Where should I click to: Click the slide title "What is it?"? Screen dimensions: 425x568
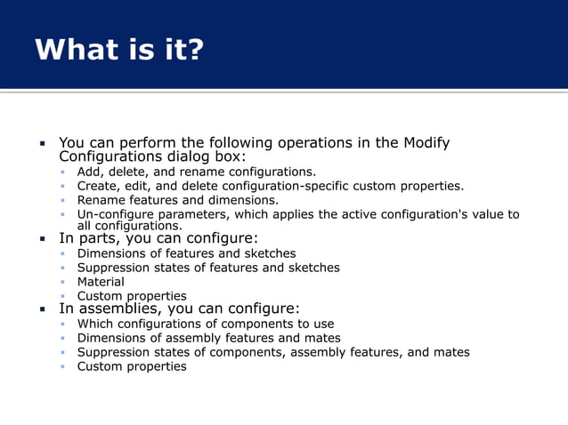click(x=119, y=50)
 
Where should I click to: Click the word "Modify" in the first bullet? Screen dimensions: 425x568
click(x=426, y=143)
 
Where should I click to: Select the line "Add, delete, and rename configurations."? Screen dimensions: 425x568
click(x=196, y=172)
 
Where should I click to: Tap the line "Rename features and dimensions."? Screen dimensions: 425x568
click(x=177, y=200)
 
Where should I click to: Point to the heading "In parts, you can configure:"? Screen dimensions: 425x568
click(x=158, y=238)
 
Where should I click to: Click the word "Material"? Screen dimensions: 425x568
click(x=101, y=282)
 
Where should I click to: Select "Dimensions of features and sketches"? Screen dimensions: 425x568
click(x=186, y=253)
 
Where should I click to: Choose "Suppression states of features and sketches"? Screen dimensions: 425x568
click(x=208, y=268)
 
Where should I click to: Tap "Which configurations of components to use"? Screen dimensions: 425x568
click(x=206, y=324)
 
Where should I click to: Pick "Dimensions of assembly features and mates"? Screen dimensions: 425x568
click(x=208, y=338)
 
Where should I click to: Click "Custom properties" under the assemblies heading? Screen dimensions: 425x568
click(x=132, y=366)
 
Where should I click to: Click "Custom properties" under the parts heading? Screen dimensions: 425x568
click(x=132, y=296)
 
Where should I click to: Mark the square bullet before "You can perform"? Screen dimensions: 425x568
click(x=42, y=143)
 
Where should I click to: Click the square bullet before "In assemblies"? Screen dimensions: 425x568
click(x=42, y=310)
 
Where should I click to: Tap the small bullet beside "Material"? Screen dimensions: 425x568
click(x=64, y=283)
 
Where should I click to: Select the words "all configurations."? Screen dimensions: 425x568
click(x=130, y=226)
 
